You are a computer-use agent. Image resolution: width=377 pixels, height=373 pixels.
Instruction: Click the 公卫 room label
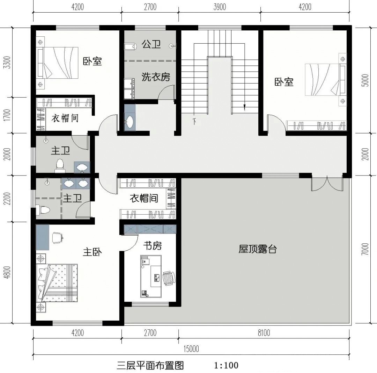coord(151,44)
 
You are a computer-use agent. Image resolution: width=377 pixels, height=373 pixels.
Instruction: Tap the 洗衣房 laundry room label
coord(156,77)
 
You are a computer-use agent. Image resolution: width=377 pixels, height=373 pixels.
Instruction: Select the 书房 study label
coord(153,246)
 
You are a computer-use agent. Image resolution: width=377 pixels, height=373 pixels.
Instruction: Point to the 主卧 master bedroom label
coord(92,252)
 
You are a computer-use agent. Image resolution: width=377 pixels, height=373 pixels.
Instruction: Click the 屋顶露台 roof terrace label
coord(258,249)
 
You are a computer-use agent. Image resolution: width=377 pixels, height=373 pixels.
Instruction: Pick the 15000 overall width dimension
coord(191,349)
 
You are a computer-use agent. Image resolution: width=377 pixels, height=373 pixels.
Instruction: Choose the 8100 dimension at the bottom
coord(264,333)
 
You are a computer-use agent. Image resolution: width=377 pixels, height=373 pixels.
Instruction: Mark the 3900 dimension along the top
coord(219,7)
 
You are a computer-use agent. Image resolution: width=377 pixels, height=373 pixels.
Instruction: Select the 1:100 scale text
coord(226,366)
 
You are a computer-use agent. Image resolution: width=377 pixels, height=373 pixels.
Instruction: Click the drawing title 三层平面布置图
coord(150,366)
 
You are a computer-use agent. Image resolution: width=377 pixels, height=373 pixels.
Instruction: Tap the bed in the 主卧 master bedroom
coord(57,282)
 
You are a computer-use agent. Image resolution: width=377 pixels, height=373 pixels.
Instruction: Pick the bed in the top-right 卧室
coord(323,79)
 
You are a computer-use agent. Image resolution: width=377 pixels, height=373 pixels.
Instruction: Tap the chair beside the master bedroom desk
coord(57,238)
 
